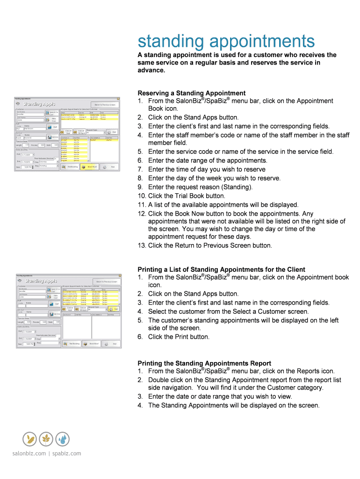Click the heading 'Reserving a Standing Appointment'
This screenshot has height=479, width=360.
pos(191,93)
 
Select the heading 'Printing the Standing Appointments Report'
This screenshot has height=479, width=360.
pos(204,363)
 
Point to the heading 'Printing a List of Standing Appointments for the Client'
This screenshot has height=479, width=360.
pos(221,269)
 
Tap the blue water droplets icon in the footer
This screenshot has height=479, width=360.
pos(62,439)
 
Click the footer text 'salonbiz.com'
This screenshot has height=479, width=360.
pos(29,453)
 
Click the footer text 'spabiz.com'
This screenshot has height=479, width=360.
pos(67,453)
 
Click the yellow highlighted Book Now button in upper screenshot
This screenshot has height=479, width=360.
pos(89,167)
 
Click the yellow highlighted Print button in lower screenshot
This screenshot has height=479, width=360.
pos(113,309)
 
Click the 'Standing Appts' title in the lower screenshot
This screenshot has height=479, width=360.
pos(40,281)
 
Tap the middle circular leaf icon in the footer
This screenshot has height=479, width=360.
pos(46,439)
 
